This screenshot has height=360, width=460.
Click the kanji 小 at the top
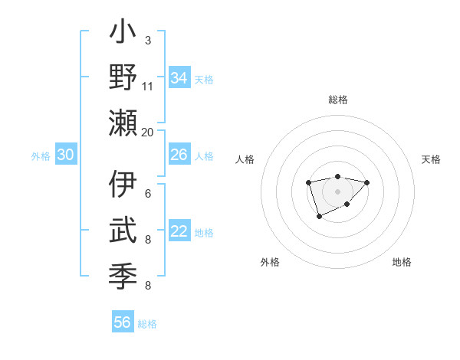pyautogui.click(x=123, y=34)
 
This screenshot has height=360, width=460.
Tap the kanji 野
pyautogui.click(x=123, y=78)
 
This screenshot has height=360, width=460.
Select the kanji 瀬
pyautogui.click(x=123, y=123)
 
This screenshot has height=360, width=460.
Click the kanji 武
pyautogui.click(x=123, y=230)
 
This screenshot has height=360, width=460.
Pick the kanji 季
pyautogui.click(x=123, y=274)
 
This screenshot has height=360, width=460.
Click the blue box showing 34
pyautogui.click(x=179, y=77)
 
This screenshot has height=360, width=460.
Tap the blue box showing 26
pyautogui.click(x=179, y=155)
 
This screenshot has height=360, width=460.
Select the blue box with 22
pyautogui.click(x=179, y=232)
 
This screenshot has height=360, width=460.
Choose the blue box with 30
pyautogui.click(x=65, y=155)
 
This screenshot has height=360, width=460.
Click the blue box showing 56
pyautogui.click(x=122, y=322)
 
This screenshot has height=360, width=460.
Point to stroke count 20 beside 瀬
pyautogui.click(x=148, y=132)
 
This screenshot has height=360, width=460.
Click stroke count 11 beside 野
pyautogui.click(x=148, y=86)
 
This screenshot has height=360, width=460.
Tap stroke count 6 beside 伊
pyautogui.click(x=148, y=194)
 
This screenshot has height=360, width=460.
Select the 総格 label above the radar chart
pyautogui.click(x=337, y=100)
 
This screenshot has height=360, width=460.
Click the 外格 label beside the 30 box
pyautogui.click(x=41, y=156)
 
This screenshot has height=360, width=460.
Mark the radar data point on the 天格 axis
pyautogui.click(x=367, y=182)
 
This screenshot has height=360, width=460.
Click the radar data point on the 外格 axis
pyautogui.click(x=319, y=218)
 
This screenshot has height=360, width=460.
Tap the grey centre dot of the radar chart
pyautogui.click(x=337, y=191)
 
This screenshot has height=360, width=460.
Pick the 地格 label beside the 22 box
pyautogui.click(x=204, y=233)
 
